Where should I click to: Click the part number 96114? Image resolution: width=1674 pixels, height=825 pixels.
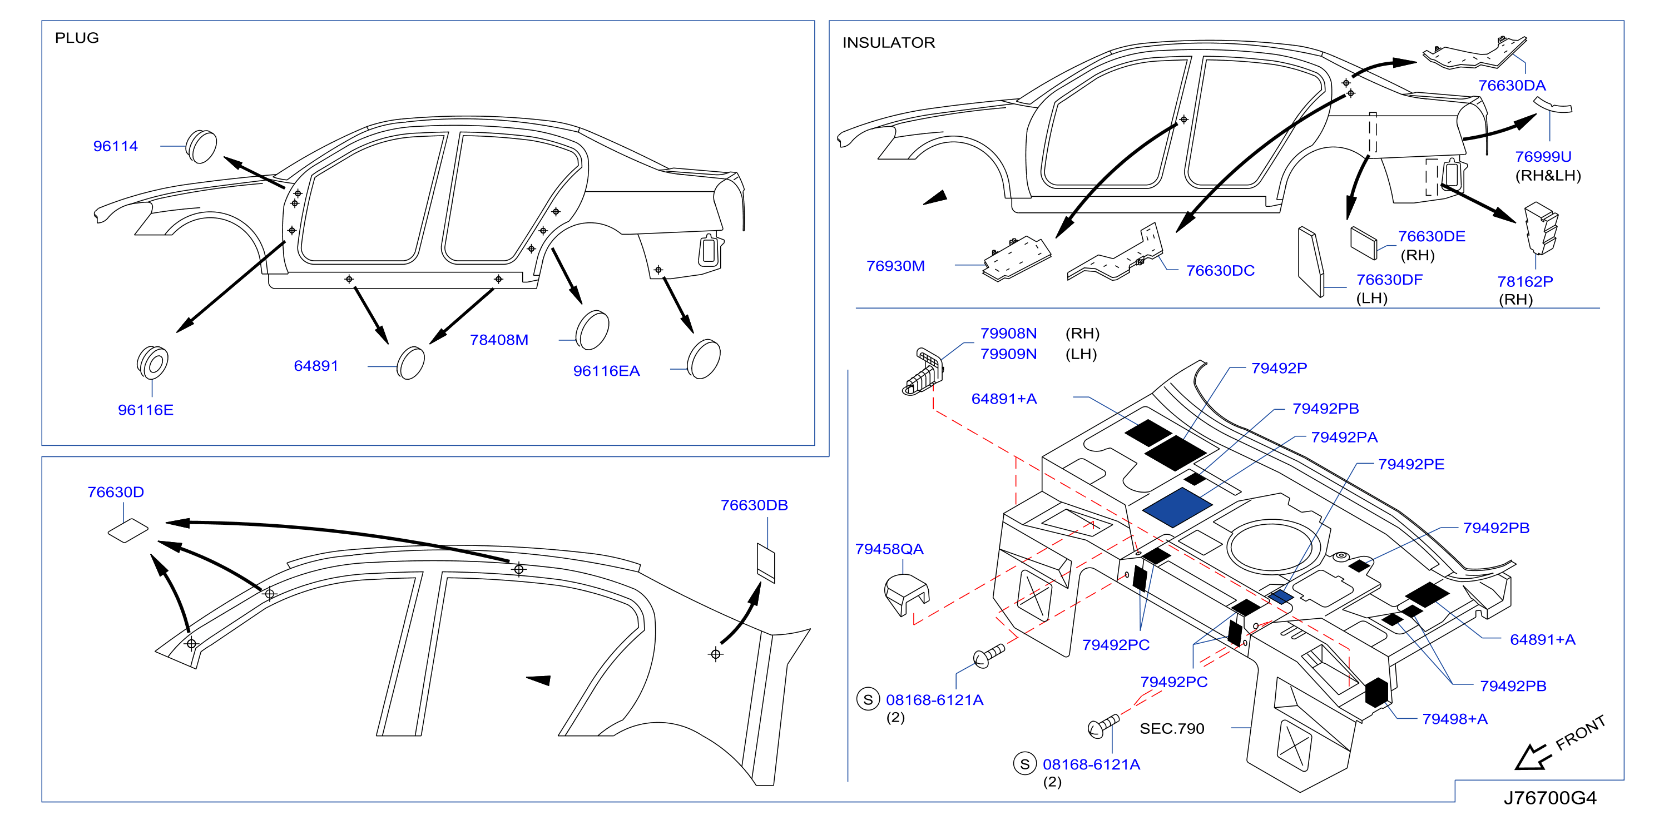(115, 146)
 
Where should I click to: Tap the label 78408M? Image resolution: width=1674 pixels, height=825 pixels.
(498, 340)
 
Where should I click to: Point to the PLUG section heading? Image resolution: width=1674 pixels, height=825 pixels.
(77, 38)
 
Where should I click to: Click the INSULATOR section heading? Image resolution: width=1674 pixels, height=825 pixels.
(888, 43)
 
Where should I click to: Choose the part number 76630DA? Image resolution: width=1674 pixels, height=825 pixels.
(1512, 85)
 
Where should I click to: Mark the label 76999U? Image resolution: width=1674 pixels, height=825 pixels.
(1543, 157)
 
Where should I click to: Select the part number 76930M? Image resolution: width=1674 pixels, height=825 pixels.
(895, 266)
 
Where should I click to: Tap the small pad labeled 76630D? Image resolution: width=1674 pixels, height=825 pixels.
(128, 530)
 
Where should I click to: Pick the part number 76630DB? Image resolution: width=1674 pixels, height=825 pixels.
(754, 505)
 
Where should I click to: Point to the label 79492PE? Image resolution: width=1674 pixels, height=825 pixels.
(1411, 464)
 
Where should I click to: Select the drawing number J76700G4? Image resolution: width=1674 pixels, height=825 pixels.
(1550, 798)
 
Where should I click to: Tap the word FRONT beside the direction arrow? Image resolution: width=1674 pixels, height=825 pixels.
(1581, 733)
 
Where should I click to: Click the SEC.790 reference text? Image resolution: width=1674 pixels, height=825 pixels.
(1172, 729)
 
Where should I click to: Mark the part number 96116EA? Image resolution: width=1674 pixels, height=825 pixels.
(606, 371)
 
